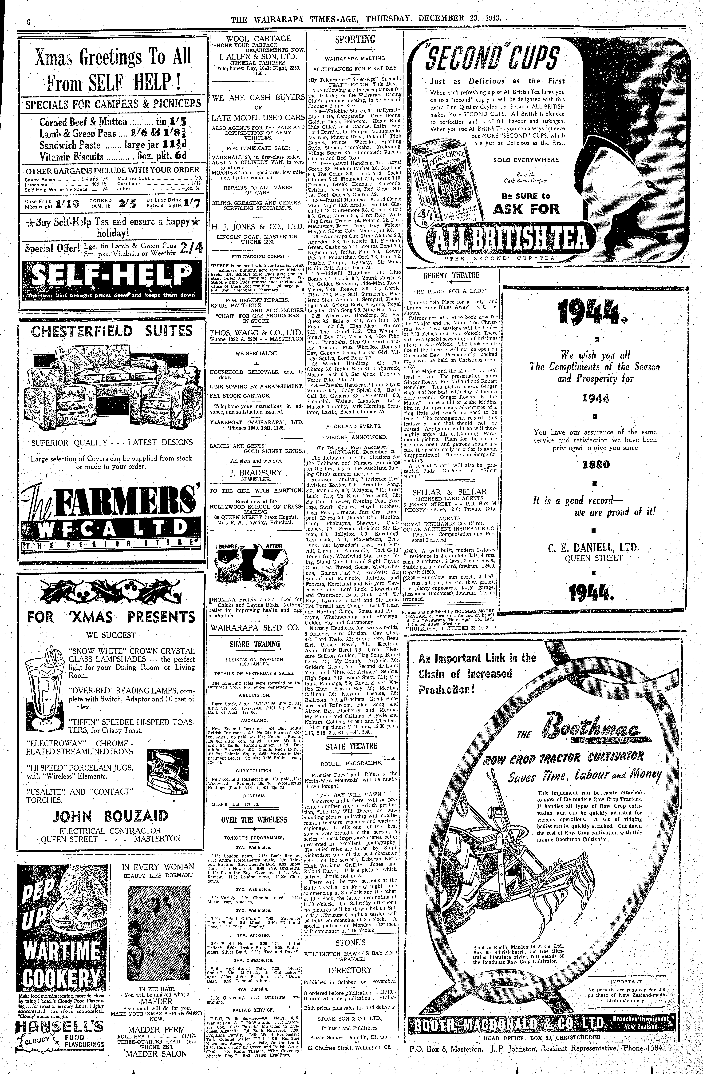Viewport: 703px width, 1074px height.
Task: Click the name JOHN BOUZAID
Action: [x=111, y=816]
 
